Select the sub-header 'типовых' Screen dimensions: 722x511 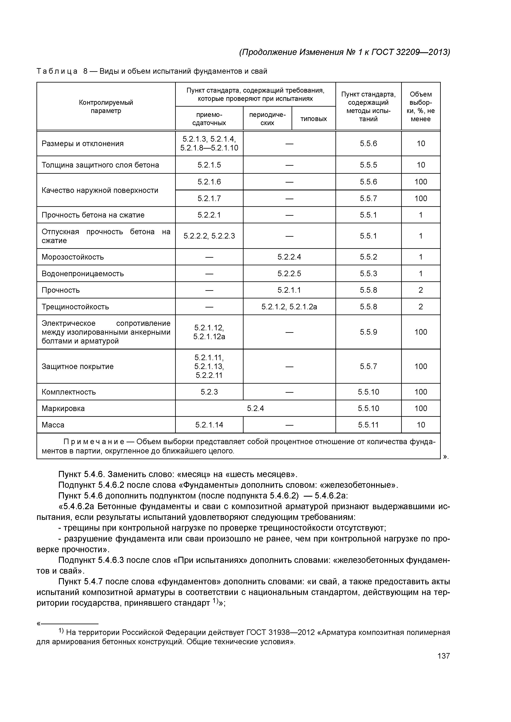click(314, 119)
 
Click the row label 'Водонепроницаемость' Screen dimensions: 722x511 click(83, 274)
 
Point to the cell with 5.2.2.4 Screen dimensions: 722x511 click(289, 257)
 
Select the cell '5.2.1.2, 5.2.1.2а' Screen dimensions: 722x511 click(289, 307)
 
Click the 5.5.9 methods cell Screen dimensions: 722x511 click(368, 332)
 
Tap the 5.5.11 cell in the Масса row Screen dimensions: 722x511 click(368, 425)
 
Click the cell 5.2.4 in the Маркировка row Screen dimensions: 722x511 click(255, 408)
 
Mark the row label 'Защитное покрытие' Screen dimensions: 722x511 click(77, 366)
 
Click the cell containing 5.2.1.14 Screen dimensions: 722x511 click(209, 425)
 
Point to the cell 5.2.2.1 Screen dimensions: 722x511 click(209, 215)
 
